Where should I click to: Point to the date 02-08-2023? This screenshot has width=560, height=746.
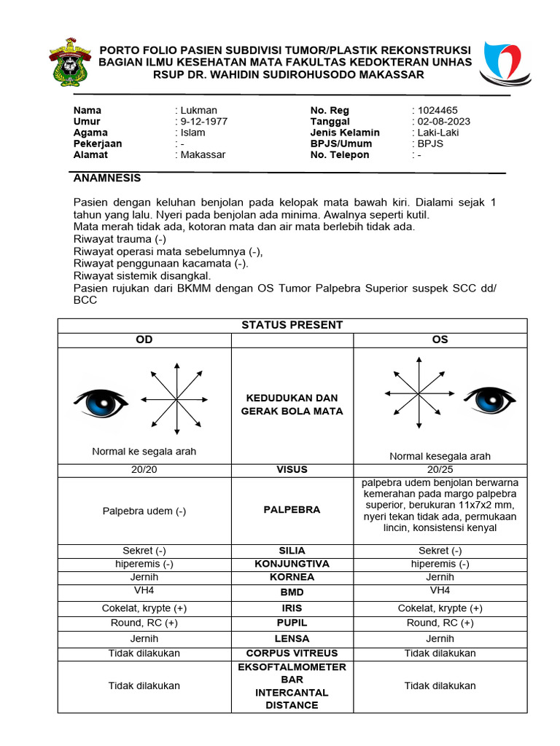443,122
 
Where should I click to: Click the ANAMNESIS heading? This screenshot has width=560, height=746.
107,178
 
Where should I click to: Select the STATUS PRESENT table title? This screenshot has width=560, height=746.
292,325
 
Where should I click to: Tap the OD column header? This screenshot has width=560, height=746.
144,340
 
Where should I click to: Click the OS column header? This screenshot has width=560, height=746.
440,340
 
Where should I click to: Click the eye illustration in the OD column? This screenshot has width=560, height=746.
101,401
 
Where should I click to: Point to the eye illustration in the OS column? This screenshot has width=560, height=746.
491,398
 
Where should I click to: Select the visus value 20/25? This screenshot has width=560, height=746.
440,470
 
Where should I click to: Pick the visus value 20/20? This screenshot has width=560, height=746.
144,470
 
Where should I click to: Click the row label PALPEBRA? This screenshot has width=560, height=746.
292,510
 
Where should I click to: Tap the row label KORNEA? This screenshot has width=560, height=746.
292,577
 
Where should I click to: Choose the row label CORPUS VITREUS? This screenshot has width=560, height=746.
292,653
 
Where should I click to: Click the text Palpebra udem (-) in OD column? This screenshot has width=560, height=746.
144,511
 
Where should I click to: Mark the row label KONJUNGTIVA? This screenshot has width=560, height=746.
292,564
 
